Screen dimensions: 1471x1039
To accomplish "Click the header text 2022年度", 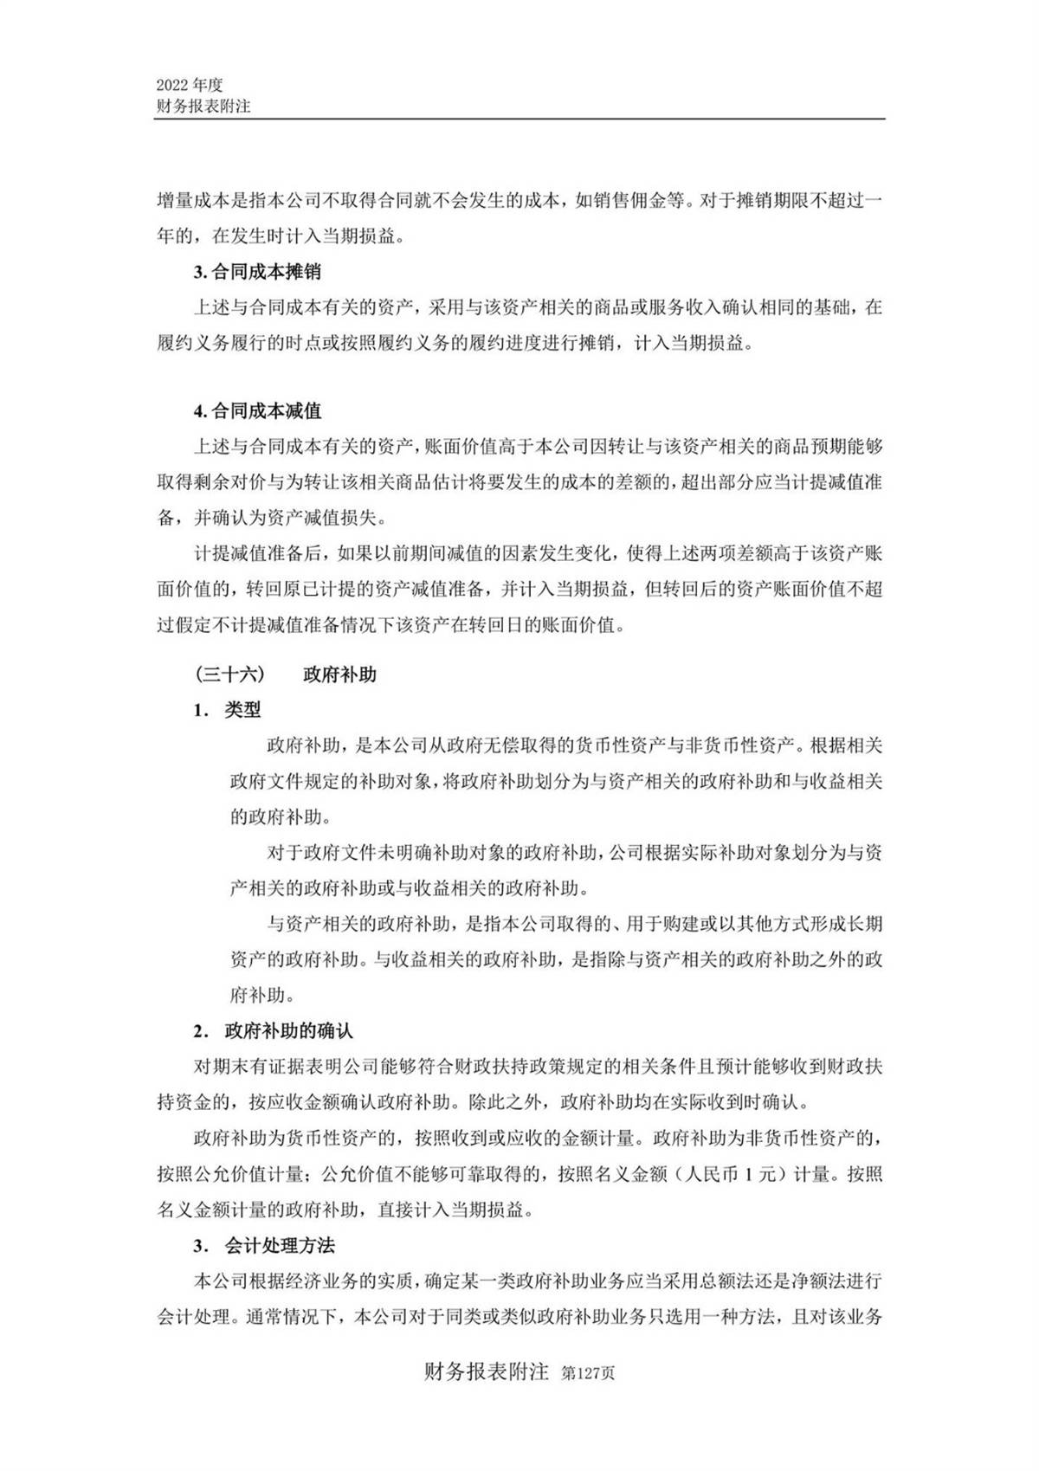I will pyautogui.click(x=190, y=85).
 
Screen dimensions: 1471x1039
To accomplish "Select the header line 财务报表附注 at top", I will pyautogui.click(x=203, y=106).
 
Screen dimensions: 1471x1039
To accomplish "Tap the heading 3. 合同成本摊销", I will pyautogui.click(x=257, y=272).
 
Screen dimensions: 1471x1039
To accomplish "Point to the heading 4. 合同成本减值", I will pyautogui.click(x=257, y=411).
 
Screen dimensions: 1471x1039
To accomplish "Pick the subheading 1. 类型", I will pyautogui.click(x=228, y=710).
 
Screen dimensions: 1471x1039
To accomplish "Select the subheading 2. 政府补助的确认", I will pyautogui.click(x=274, y=1031).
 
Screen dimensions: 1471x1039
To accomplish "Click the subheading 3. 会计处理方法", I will pyautogui.click(x=264, y=1245).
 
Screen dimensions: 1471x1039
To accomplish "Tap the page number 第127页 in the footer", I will pyautogui.click(x=589, y=1374).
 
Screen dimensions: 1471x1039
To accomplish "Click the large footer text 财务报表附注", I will pyautogui.click(x=487, y=1372).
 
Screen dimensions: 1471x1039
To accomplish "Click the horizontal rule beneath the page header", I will pyautogui.click(x=519, y=119).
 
